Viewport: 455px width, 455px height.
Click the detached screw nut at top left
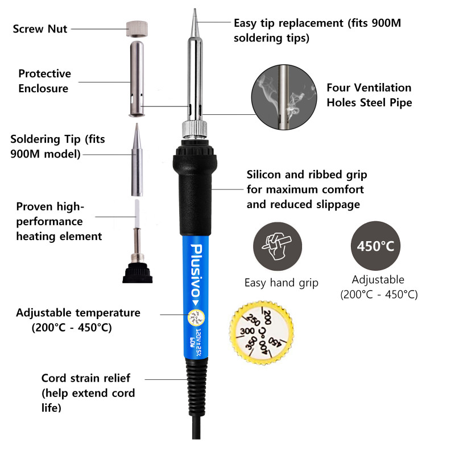click(x=137, y=29)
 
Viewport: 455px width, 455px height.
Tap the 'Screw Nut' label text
click(x=40, y=29)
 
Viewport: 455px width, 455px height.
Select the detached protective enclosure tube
click(x=136, y=78)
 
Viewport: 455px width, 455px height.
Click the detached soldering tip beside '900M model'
click(x=137, y=160)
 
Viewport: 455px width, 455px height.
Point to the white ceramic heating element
click(x=137, y=208)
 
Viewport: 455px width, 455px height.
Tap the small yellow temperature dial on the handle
click(x=196, y=318)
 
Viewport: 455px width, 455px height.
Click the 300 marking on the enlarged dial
click(x=247, y=331)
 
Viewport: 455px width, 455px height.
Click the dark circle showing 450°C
click(x=375, y=246)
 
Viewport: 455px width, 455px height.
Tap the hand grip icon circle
click(x=278, y=246)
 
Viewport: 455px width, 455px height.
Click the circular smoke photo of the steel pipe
click(x=284, y=97)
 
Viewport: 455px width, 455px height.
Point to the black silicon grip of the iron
click(x=195, y=188)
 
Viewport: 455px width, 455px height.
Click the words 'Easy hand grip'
click(x=281, y=283)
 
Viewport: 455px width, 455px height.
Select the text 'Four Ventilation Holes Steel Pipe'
click(x=369, y=95)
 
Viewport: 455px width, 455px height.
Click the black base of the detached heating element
click(x=138, y=273)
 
